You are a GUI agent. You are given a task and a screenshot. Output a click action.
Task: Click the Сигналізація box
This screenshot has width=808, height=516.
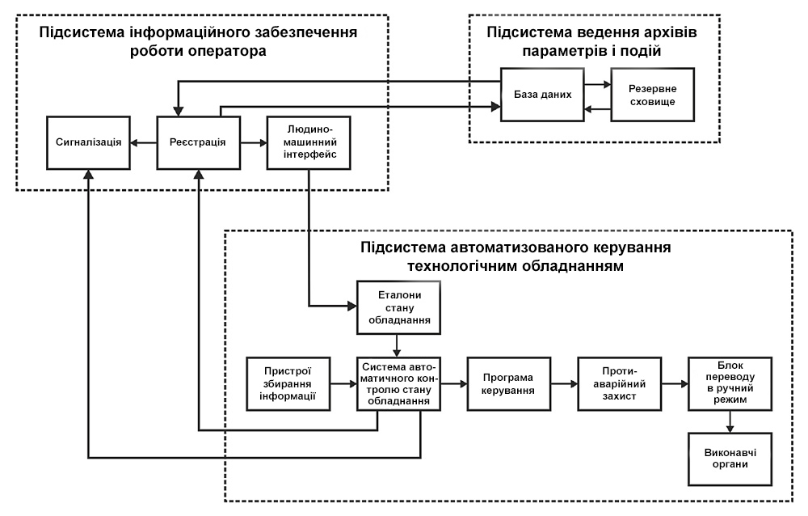(x=89, y=142)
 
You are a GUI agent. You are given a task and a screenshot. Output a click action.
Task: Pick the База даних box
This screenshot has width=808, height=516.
(x=543, y=94)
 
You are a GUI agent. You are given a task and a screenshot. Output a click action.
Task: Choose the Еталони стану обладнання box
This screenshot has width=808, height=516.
(x=398, y=307)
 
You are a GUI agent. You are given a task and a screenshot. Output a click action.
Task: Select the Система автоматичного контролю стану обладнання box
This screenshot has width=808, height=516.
(x=398, y=383)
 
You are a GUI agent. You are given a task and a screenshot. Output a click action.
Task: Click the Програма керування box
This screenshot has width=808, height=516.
(x=508, y=383)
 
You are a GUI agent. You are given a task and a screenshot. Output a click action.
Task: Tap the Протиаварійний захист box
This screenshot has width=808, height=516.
(x=618, y=383)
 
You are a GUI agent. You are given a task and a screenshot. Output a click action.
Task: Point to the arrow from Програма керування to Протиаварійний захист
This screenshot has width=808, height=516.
(x=562, y=383)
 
